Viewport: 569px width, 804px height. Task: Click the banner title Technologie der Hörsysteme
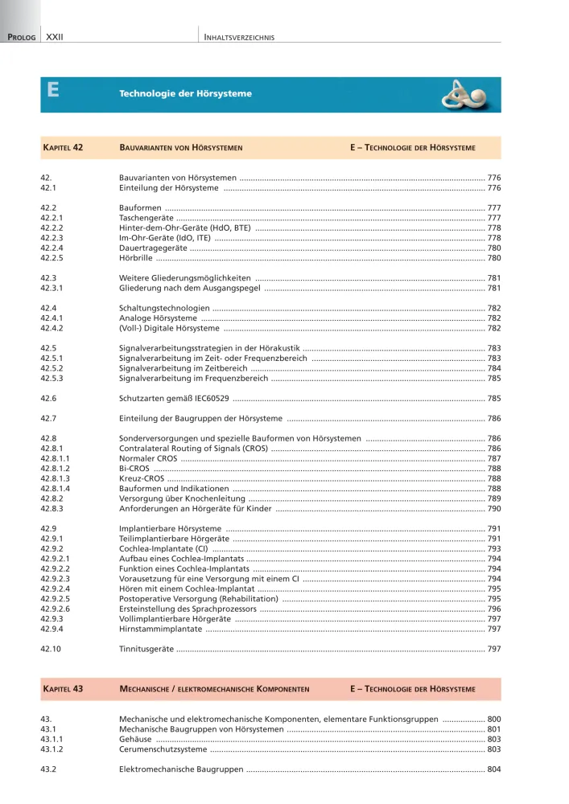[x=185, y=94]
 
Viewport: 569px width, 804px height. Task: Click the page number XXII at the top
[x=55, y=37]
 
